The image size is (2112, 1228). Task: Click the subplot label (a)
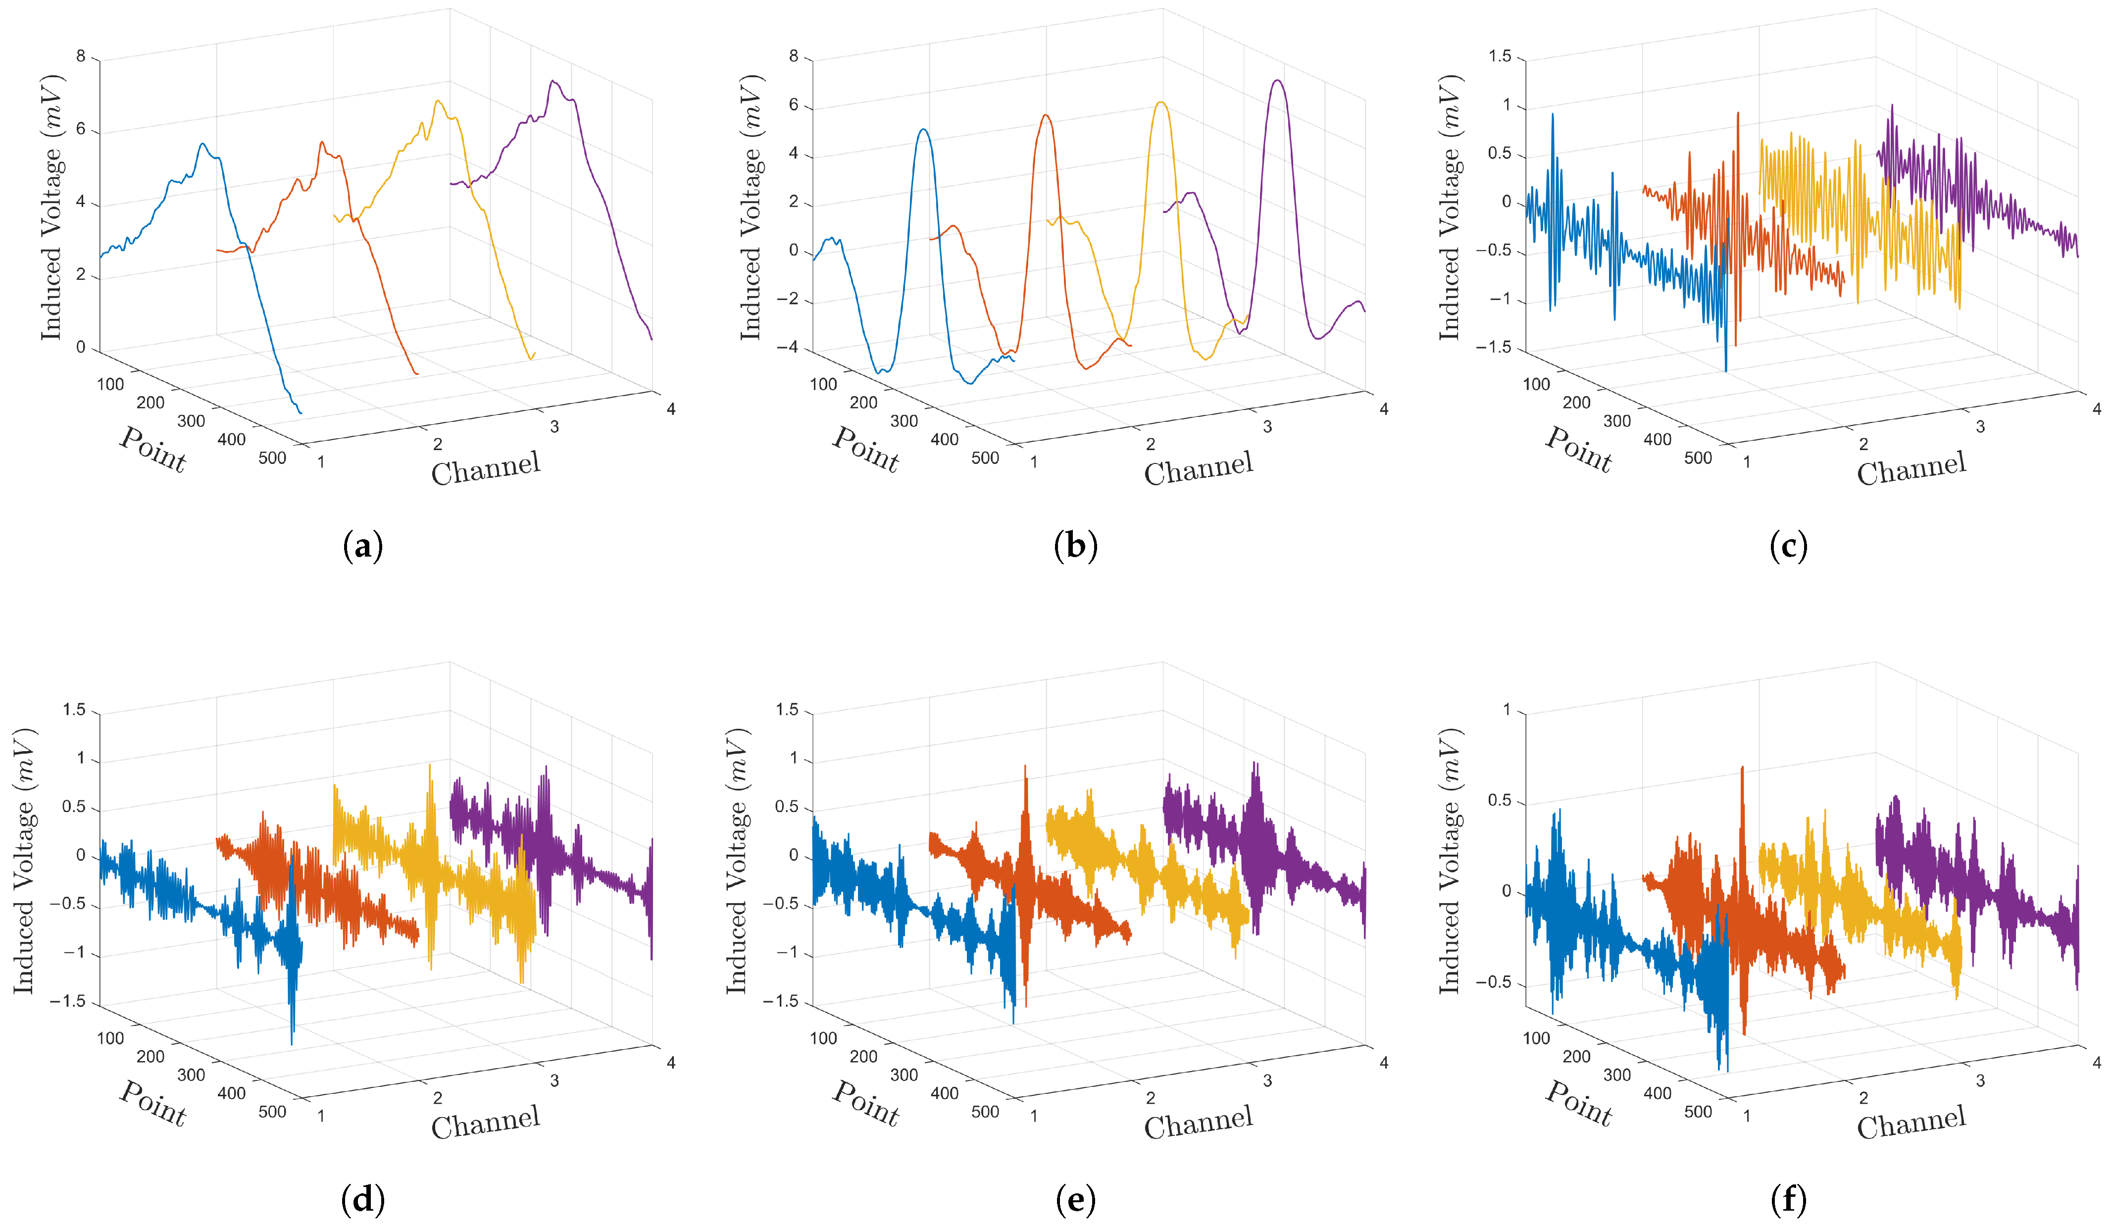pos(363,547)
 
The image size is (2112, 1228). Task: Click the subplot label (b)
pos(1075,547)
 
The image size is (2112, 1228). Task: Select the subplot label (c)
pos(1789,547)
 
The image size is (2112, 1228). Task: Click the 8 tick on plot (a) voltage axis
pos(81,56)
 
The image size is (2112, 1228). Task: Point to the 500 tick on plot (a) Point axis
pos(272,458)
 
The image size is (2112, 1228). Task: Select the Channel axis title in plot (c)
pos(1911,468)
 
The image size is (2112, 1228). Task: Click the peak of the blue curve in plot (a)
pos(202,144)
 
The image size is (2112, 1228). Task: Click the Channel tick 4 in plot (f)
pos(2097,1062)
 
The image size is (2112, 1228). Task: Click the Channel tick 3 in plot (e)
pos(1267,1080)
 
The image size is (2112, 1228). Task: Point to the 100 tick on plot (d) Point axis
pos(110,1038)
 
